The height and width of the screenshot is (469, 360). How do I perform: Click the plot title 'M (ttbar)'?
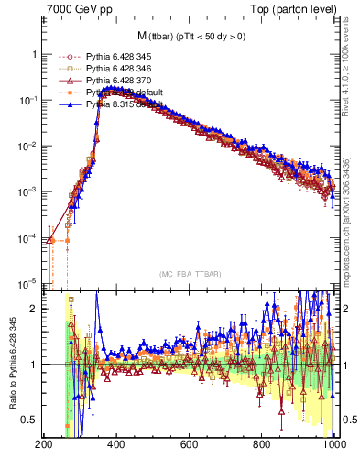pos(191,36)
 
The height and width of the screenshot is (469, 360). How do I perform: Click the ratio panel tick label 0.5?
pos(29,420)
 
